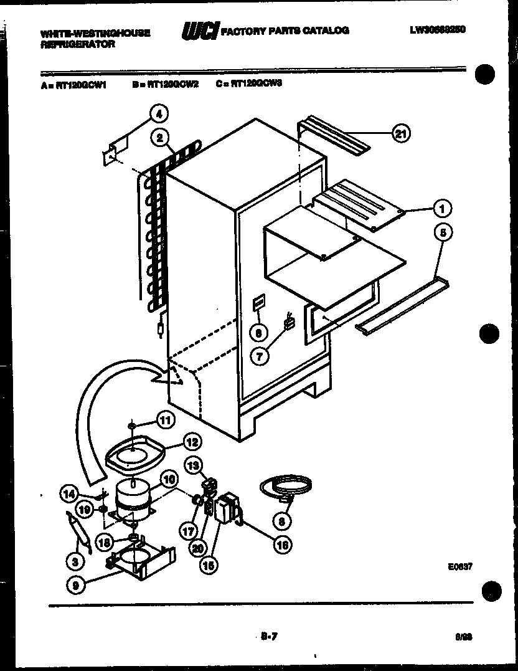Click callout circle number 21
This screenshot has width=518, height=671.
click(402, 132)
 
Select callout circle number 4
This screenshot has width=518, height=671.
click(159, 114)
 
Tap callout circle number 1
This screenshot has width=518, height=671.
click(443, 207)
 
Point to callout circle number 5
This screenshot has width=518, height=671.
click(443, 234)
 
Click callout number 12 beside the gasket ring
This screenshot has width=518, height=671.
click(192, 442)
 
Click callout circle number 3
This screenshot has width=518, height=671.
click(75, 561)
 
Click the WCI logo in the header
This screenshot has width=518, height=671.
click(199, 31)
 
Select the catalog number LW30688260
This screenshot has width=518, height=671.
click(438, 29)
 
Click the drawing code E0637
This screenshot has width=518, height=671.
click(459, 567)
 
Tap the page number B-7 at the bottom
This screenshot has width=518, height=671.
click(269, 636)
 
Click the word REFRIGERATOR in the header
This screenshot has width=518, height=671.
click(78, 45)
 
